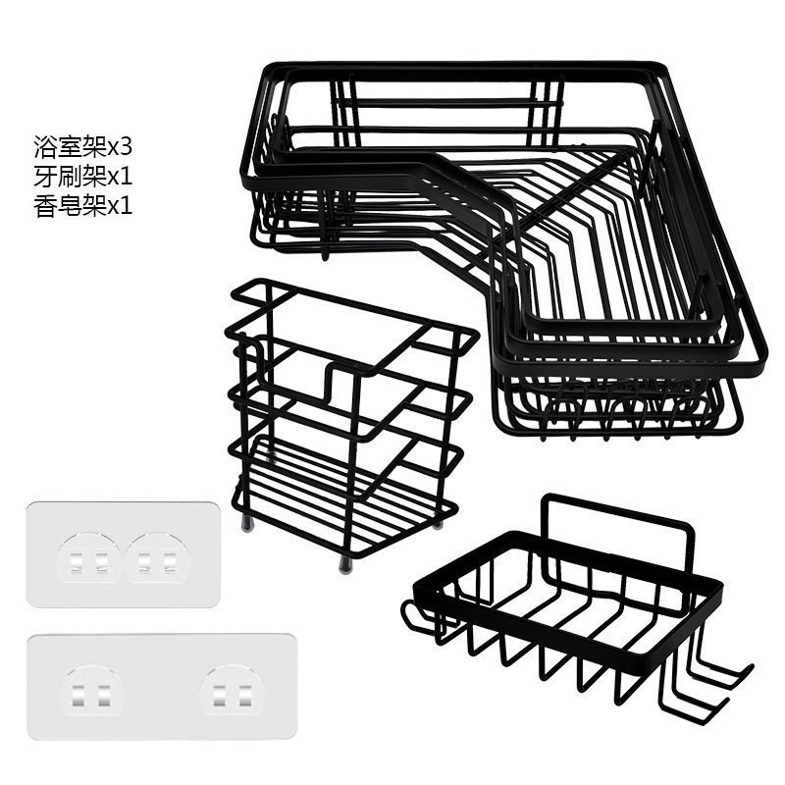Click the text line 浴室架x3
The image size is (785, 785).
[x=83, y=147]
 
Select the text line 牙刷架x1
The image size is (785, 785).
[x=83, y=177]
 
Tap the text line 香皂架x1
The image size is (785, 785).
[x=83, y=205]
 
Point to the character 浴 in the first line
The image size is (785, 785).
[x=46, y=147]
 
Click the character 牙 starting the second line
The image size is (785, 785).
[x=46, y=177]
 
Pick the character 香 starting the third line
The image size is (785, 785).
[x=46, y=205]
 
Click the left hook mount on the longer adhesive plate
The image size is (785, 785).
[x=90, y=693]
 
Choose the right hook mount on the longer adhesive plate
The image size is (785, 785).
[x=232, y=693]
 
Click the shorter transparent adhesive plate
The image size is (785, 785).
[x=124, y=554]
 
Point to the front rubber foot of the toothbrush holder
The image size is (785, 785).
[x=344, y=565]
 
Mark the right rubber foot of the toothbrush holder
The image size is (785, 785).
[x=438, y=523]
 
